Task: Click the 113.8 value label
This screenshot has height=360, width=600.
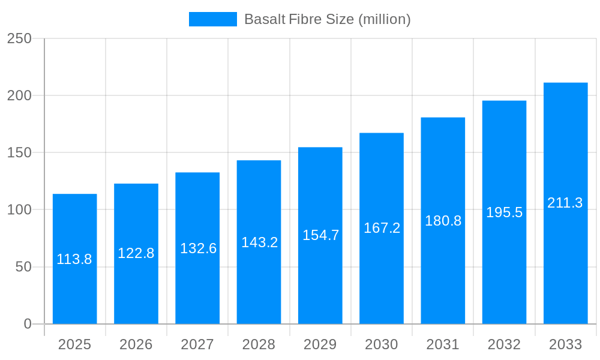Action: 74,259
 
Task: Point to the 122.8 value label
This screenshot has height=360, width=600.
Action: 136,253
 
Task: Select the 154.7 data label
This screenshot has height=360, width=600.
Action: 320,235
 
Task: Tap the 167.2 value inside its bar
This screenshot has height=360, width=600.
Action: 382,228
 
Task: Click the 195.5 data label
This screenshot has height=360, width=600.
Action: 504,212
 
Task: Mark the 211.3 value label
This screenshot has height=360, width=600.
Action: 565,203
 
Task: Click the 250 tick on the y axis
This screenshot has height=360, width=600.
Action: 19,38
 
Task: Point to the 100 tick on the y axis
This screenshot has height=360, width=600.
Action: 19,210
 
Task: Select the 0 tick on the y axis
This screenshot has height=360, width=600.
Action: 28,324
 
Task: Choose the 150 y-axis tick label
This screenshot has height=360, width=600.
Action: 19,153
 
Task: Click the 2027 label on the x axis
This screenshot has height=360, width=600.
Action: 197,344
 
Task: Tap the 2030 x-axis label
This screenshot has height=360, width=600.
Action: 382,344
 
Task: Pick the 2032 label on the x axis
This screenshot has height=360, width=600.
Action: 504,344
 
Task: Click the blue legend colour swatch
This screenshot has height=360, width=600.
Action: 212,19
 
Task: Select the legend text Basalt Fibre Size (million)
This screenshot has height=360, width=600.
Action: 327,19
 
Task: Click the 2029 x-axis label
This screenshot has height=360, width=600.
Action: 320,344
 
